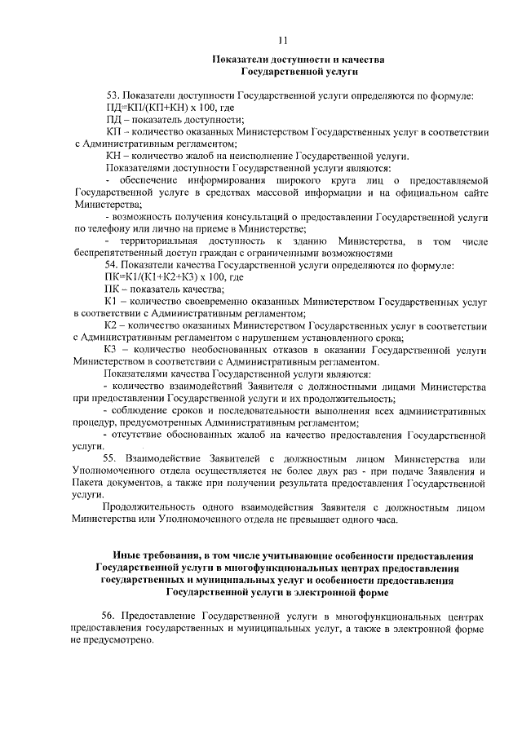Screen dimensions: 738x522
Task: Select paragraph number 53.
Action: point(113,96)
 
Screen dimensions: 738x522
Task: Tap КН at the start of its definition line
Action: point(113,156)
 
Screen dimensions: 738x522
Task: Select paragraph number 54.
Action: point(113,266)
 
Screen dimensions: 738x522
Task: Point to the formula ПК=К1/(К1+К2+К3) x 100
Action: point(161,277)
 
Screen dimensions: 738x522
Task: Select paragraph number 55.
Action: point(113,459)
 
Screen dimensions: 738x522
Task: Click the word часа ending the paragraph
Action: point(386,519)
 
